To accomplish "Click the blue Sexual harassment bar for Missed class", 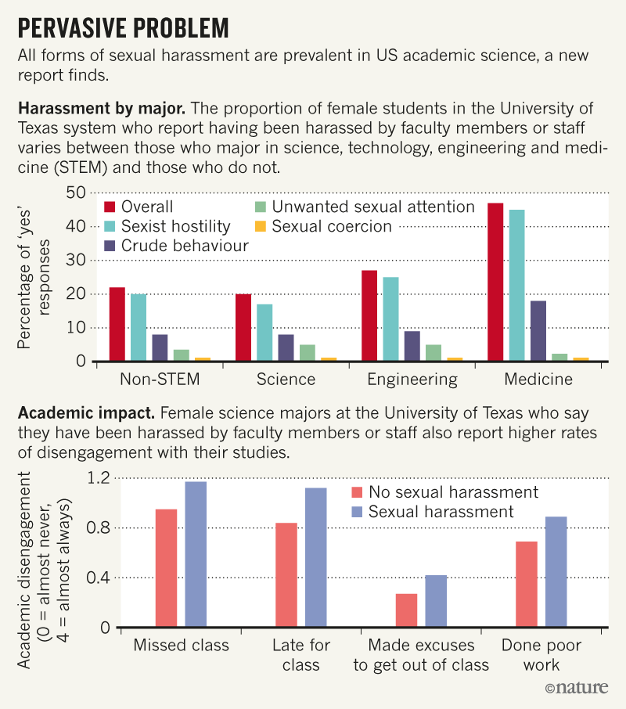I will tap(196, 555).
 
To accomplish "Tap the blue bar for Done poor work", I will tap(556, 572).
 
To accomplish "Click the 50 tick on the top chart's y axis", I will tap(75, 193).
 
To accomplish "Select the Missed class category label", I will tap(182, 646).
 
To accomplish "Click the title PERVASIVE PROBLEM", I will tap(124, 29).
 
